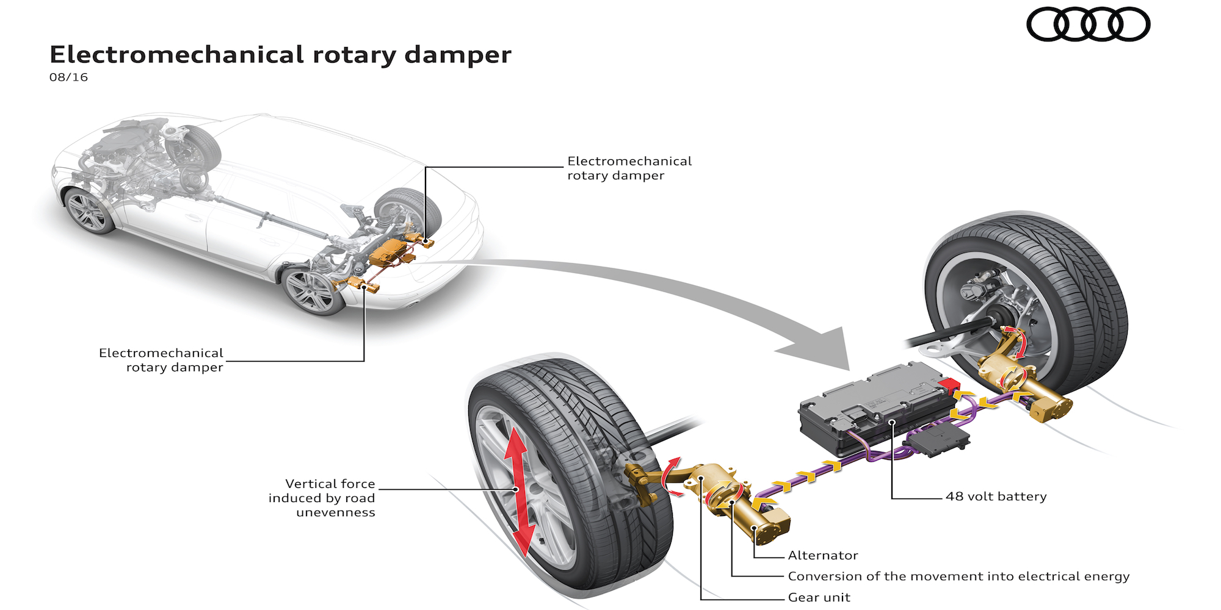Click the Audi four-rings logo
[x=1088, y=24]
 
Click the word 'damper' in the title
[x=458, y=55]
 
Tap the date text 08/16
[x=68, y=77]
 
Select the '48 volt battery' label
[x=996, y=497]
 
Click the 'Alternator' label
[x=822, y=556]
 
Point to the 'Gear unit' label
[x=819, y=598]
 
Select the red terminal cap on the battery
[x=949, y=385]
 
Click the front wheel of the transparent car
[x=90, y=211]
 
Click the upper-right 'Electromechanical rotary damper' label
[x=629, y=168]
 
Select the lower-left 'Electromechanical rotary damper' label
[x=162, y=361]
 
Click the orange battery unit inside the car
[x=387, y=252]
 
